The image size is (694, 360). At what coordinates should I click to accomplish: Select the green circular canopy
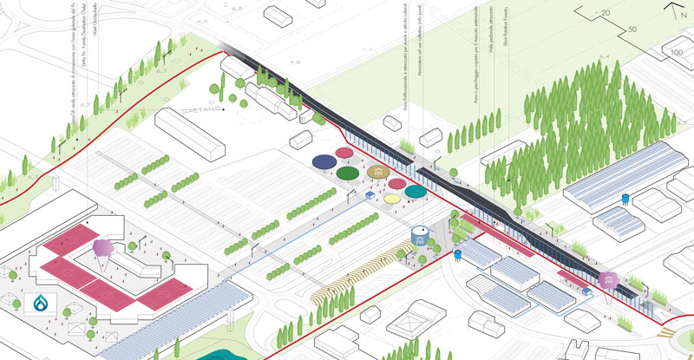click(349, 173)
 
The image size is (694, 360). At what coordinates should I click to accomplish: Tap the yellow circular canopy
click(392, 198)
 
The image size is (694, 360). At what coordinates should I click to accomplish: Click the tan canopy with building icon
click(376, 173)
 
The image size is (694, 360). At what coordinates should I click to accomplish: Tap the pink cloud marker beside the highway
click(608, 279)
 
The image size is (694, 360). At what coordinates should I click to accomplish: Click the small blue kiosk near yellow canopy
click(370, 194)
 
